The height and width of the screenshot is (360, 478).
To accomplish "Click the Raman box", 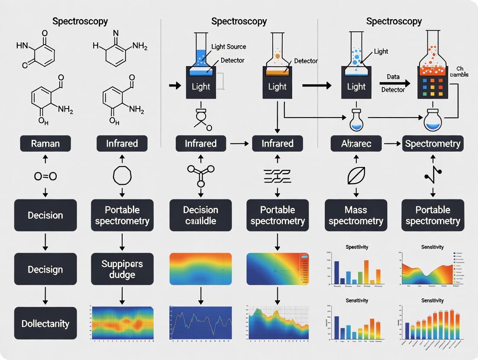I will pos(45,143).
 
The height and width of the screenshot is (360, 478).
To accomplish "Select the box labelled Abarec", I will pos(356,143).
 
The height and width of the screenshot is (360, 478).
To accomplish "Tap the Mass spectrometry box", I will pos(356,215).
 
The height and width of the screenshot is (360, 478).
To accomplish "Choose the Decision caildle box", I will pos(200,215).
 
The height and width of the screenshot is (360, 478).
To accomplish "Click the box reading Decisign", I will pos(45,270).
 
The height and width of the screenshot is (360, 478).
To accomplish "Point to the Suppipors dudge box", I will pos(122,270).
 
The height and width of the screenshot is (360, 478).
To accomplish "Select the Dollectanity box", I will pos(45,323).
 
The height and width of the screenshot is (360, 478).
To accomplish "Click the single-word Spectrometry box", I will pos(433,143).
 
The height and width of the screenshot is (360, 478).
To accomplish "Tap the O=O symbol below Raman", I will pos(45,176).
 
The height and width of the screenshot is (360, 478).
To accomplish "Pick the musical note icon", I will pos(433,175).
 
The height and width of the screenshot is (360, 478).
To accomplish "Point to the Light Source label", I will pos(229,47).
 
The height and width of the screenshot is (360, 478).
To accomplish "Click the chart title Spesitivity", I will pos(356,247).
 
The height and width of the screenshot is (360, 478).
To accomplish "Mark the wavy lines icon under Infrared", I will pos(277,175).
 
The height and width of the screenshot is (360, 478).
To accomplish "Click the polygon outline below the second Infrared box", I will pos(122,176).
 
